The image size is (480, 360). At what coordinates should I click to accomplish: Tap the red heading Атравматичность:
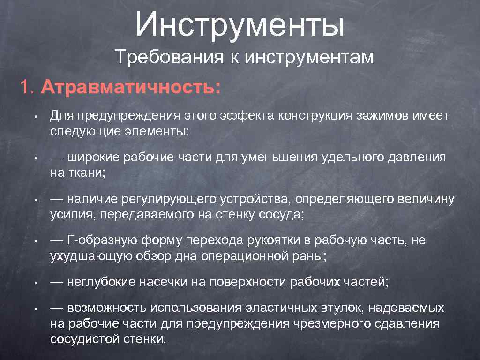coord(130,88)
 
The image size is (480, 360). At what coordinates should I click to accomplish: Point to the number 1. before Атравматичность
coord(27,88)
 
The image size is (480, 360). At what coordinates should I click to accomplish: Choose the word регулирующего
coord(169,199)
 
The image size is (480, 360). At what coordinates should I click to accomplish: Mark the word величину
coord(427,199)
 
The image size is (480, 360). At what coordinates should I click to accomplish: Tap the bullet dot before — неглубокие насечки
coord(35,282)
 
